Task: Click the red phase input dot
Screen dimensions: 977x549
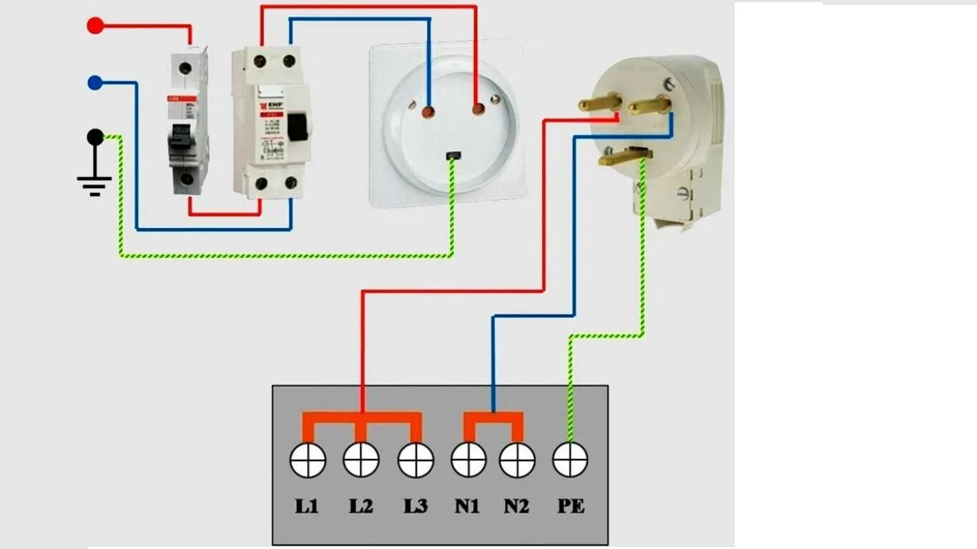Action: coord(94,26)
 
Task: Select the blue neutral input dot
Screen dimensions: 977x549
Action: coord(94,83)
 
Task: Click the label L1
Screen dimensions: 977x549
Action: coord(307,506)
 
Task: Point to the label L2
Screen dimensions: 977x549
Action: coord(361,506)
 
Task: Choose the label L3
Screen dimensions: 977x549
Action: coord(416,506)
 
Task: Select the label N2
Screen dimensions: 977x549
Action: coord(516,506)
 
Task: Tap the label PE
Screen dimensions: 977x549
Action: coord(571,506)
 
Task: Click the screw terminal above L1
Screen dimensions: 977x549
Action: coord(308,460)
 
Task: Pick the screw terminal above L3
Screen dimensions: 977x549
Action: coord(416,460)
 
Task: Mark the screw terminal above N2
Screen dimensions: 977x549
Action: coord(517,460)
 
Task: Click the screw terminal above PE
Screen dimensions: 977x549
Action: coord(570,460)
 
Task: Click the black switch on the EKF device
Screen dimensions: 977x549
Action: coord(298,127)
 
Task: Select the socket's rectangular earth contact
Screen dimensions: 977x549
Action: coord(451,155)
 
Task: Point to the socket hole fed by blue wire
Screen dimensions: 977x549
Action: coord(428,112)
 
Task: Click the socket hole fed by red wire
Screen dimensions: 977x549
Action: coord(477,109)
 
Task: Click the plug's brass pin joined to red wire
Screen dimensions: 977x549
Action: coord(599,104)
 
